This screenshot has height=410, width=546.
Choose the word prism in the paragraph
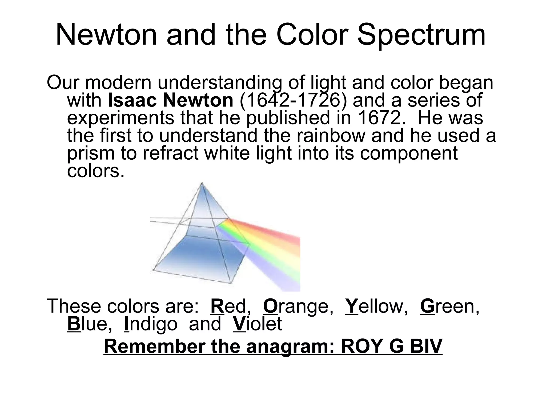(x=91, y=153)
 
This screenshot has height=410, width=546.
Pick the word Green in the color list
(x=449, y=306)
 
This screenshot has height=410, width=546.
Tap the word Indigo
(x=151, y=324)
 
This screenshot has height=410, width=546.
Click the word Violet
(x=257, y=324)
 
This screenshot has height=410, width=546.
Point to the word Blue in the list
(x=90, y=324)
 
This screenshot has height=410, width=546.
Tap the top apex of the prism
(x=202, y=183)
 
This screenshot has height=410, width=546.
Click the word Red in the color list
(x=231, y=306)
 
